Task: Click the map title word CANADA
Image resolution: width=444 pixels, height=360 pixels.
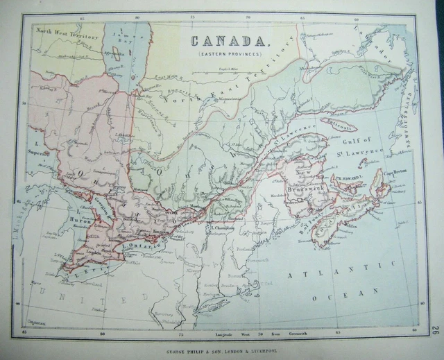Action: coord(227,41)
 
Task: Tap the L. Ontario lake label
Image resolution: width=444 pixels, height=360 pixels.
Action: coord(146,245)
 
